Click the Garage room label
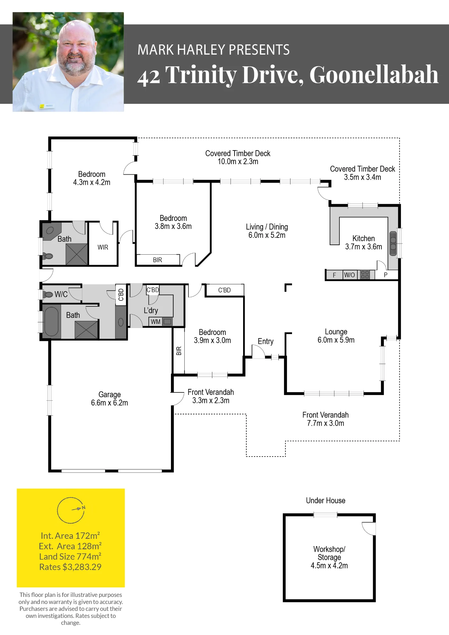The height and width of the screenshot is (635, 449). click(x=110, y=395)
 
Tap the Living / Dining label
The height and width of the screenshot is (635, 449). click(x=267, y=227)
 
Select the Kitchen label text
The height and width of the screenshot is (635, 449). click(x=364, y=238)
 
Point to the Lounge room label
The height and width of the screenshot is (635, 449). click(x=336, y=332)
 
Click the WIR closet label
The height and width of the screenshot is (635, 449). click(x=103, y=247)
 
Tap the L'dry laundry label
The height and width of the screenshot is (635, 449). click(x=151, y=311)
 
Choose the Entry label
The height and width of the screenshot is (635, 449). click(x=266, y=341)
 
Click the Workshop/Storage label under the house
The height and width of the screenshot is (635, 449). click(x=329, y=553)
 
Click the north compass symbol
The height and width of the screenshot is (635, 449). click(x=71, y=510)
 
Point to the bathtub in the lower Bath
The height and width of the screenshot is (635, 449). click(x=51, y=321)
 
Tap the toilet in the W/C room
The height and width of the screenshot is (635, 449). click(x=48, y=295)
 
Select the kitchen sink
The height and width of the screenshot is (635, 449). click(x=393, y=244)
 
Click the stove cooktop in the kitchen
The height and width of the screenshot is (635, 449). click(x=365, y=275)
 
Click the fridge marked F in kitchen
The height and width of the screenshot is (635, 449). click(x=334, y=275)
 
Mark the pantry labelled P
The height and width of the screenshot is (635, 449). click(x=386, y=275)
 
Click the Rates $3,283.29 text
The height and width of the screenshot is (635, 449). click(x=70, y=567)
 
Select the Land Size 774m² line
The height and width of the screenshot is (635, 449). click(x=70, y=557)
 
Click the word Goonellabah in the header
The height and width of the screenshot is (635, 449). click(x=374, y=75)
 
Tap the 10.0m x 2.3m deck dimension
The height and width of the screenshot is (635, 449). click(x=238, y=162)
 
